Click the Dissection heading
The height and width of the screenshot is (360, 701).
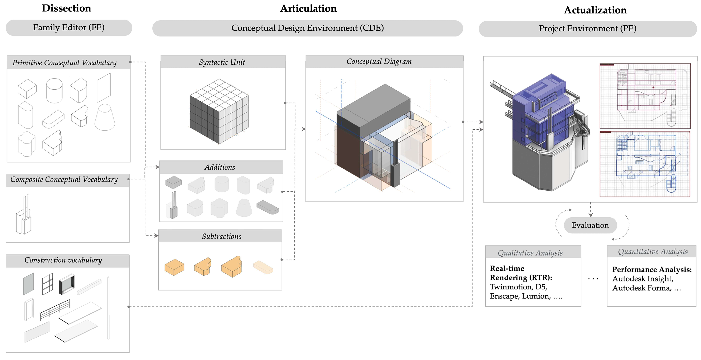66,8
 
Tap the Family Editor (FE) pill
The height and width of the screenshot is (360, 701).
69,28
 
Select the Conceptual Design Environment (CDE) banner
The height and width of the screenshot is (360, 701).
308,28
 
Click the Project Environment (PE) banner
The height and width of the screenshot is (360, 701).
587,29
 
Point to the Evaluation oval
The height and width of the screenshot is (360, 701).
590,225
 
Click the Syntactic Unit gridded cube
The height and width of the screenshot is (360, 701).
219,111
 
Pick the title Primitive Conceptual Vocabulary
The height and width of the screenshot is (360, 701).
65,63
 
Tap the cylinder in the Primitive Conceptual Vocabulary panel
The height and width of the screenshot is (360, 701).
54,91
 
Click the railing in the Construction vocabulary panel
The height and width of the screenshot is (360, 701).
55,310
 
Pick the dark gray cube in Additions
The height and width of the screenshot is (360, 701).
173,182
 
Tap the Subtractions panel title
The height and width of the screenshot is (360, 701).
222,236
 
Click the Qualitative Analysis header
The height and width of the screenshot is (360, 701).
530,253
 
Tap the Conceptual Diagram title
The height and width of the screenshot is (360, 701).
379,62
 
